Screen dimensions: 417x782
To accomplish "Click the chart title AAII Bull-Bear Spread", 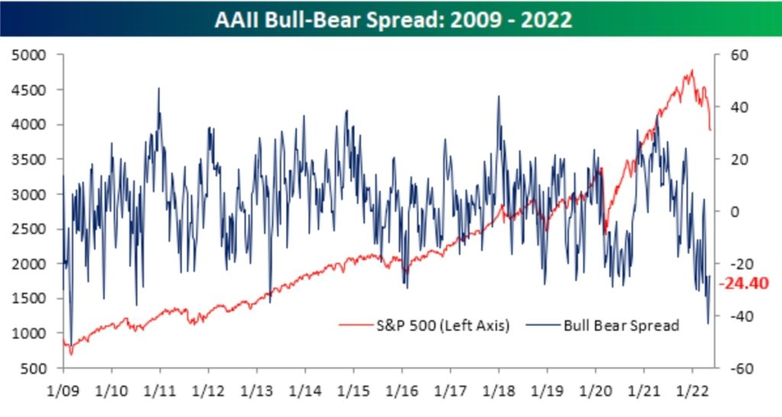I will point(390,20).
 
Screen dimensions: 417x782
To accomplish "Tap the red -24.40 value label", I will point(744,283).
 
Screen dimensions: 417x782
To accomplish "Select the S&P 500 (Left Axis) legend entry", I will point(424,325).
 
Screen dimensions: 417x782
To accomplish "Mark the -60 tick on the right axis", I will point(735,368).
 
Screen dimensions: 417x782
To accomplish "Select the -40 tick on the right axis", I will point(735,316).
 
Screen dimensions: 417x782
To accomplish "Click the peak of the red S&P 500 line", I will point(692,70).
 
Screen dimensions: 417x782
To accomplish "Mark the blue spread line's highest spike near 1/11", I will point(159,88).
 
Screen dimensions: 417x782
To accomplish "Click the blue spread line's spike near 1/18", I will point(498,96).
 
